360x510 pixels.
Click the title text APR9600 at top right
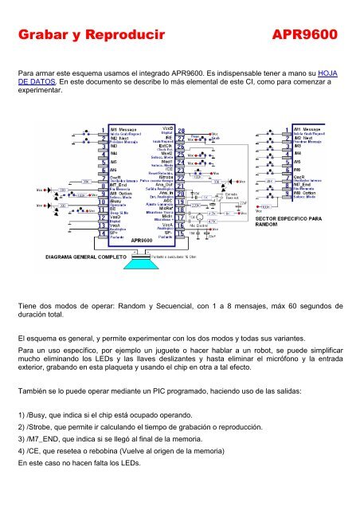[x=305, y=35]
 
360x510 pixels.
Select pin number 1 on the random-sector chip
[x=286, y=129]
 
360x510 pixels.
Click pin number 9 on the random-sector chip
[x=286, y=193]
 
